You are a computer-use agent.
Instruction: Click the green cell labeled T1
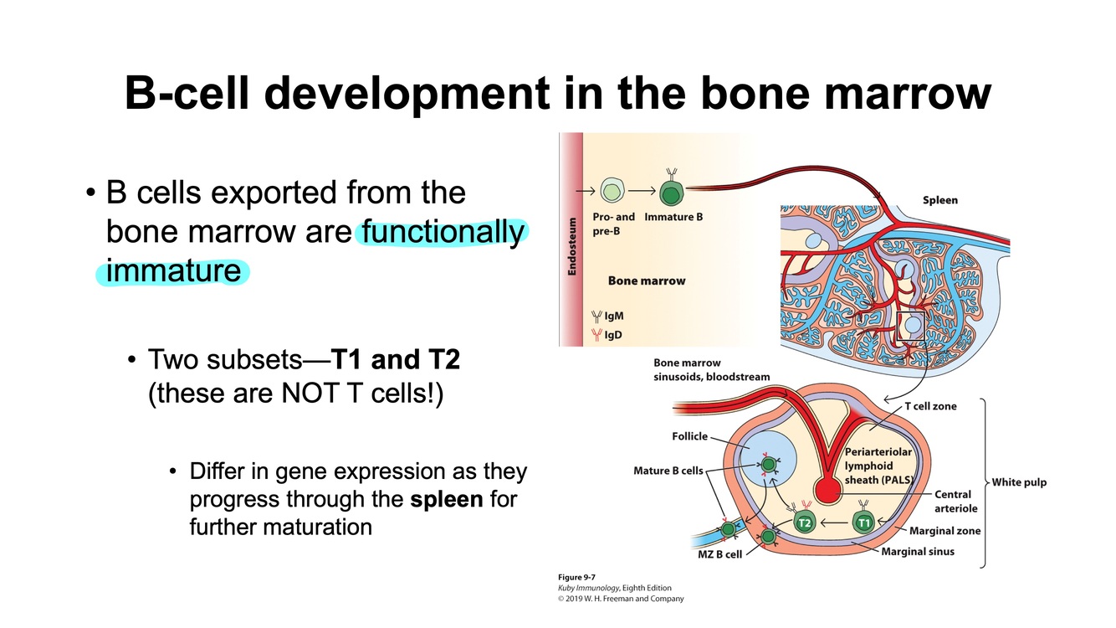[x=864, y=523]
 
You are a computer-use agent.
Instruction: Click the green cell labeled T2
[x=804, y=523]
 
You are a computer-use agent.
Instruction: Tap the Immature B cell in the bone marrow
[x=670, y=193]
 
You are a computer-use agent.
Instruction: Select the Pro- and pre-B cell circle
[x=613, y=193]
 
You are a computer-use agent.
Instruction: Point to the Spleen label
[x=939, y=200]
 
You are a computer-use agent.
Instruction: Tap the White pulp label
[x=1019, y=482]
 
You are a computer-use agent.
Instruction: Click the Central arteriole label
[x=955, y=502]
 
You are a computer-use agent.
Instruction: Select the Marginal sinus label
[x=918, y=551]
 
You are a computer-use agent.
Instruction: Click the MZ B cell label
[x=719, y=554]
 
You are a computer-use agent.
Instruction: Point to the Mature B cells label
[x=668, y=471]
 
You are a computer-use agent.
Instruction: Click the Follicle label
[x=689, y=436]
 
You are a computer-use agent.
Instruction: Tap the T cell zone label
[x=930, y=406]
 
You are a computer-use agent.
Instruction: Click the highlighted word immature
[x=173, y=271]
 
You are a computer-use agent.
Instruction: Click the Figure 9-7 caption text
[x=577, y=577]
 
